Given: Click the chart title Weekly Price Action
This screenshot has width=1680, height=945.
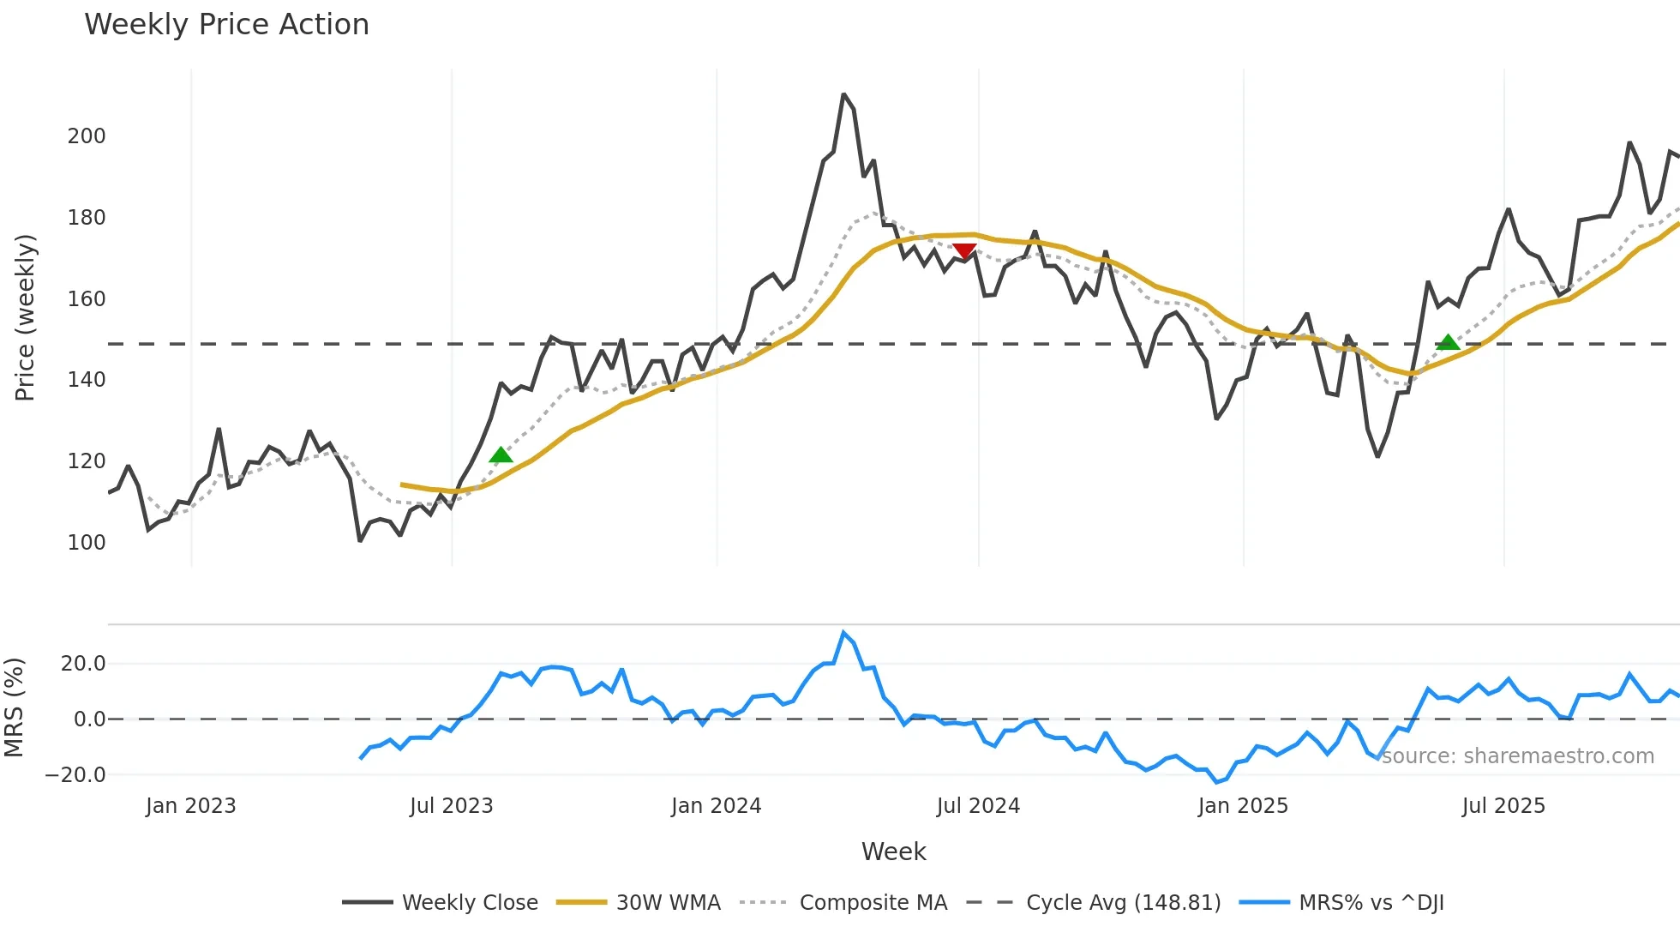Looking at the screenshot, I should [x=226, y=25].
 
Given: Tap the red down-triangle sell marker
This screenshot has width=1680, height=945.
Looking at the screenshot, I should [x=964, y=251].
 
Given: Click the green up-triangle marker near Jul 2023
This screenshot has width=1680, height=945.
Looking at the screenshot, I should [x=501, y=454].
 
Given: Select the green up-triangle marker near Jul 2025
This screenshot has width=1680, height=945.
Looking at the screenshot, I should [x=1448, y=342].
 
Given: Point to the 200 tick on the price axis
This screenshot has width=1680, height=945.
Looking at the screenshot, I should [x=87, y=136].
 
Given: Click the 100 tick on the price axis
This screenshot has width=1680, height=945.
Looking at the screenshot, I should [x=87, y=543].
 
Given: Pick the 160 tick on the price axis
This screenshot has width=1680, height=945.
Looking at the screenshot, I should [x=87, y=299].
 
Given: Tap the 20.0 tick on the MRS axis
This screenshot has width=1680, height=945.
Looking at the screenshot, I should [x=83, y=664].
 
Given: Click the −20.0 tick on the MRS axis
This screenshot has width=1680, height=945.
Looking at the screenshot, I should [x=75, y=775].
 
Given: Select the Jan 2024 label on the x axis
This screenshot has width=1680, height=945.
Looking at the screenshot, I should [x=716, y=806].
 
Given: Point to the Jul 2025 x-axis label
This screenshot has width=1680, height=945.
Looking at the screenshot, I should [x=1503, y=806].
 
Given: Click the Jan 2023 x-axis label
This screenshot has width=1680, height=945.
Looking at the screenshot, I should [x=190, y=806].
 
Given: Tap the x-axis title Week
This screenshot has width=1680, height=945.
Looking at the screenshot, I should [x=893, y=852].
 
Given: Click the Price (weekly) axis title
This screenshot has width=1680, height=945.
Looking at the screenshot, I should [x=25, y=317].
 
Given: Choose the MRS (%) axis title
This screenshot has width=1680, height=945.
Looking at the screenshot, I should [x=15, y=707].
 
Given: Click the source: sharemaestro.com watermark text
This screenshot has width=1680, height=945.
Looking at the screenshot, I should [x=1517, y=756].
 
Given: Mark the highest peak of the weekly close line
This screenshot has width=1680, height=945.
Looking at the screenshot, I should [x=843, y=94].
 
